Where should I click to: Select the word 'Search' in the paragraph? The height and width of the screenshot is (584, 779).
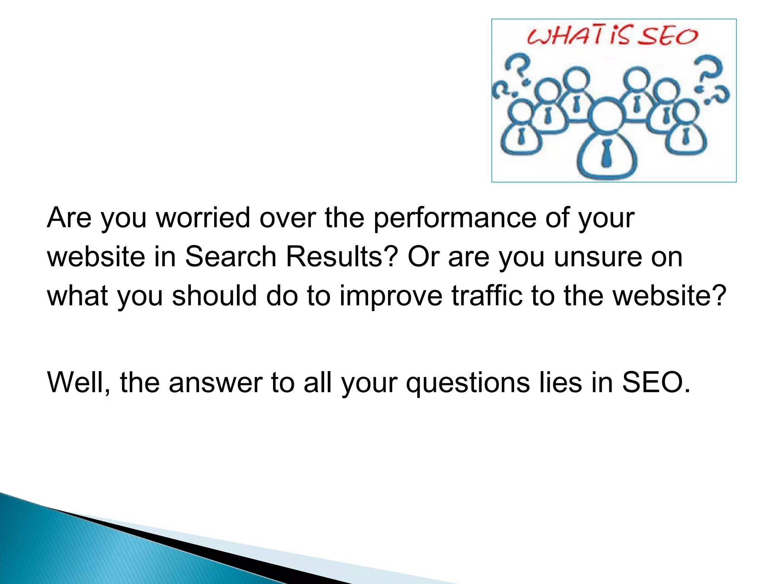231,257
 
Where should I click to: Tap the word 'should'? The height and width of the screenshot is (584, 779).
215,295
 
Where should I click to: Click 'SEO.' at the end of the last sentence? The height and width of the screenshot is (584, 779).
656,382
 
